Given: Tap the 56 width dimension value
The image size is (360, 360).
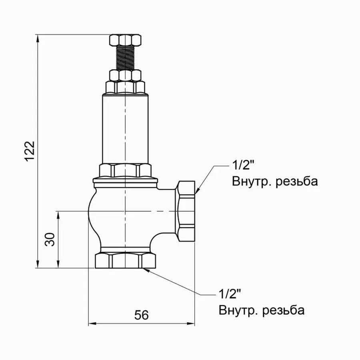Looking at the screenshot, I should click(141, 315).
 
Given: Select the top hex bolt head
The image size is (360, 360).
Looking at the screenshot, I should click(126, 40).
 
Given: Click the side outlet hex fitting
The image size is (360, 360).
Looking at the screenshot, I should click(186, 211).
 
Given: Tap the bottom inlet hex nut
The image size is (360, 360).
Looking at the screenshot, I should click(126, 260).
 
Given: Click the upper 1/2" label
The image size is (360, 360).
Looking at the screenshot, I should click(243, 165).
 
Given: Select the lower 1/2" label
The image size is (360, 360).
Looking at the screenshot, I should click(230, 294).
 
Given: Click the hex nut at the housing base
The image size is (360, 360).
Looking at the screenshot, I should click(126, 170).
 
